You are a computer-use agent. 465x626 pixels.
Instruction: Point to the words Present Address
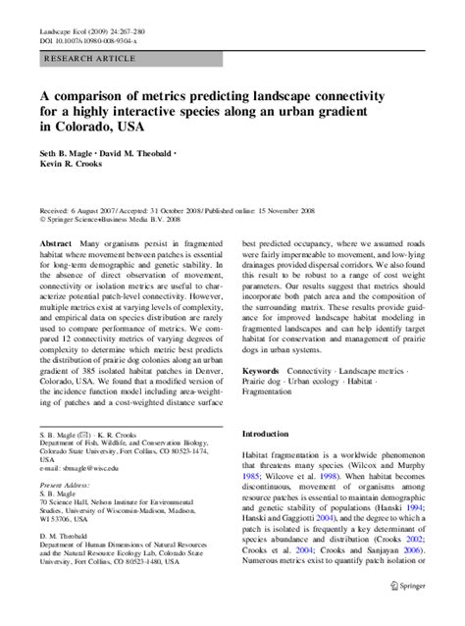[x=65, y=486]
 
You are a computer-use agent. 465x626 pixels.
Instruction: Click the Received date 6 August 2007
[x=77, y=210]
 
